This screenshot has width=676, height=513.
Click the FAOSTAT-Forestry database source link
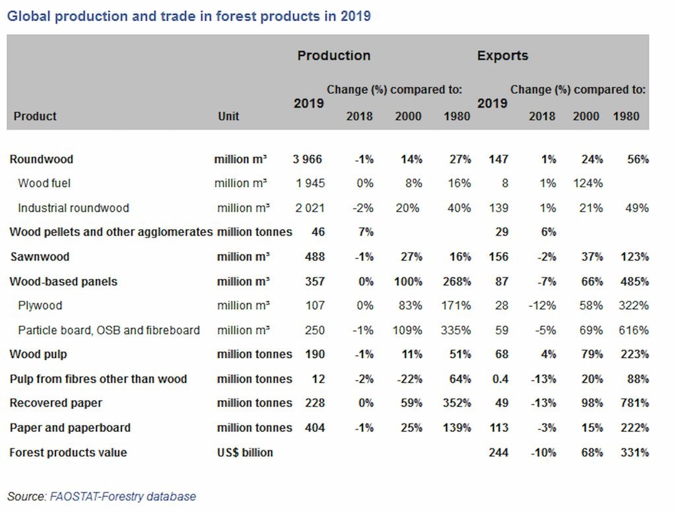pos(123,497)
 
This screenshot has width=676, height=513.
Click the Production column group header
pos(333,55)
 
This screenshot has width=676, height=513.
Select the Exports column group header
pos(502,55)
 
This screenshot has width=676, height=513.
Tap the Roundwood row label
pos(42,159)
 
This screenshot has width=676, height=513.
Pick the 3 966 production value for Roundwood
pos(308,159)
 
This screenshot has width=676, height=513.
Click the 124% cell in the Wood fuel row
pos(588,183)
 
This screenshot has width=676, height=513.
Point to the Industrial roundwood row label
pos(73,208)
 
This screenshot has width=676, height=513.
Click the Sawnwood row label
pos(40,256)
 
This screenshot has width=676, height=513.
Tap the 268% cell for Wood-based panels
pos(456,282)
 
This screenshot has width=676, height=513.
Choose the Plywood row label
pos(40,305)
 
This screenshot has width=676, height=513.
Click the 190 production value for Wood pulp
pos(315,354)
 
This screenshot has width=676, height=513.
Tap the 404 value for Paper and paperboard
pos(315,427)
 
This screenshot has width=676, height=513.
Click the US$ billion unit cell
pos(245,452)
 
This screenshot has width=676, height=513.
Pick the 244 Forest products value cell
pos(499,452)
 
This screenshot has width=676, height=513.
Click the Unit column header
pos(228,116)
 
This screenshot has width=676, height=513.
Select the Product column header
pos(35,116)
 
